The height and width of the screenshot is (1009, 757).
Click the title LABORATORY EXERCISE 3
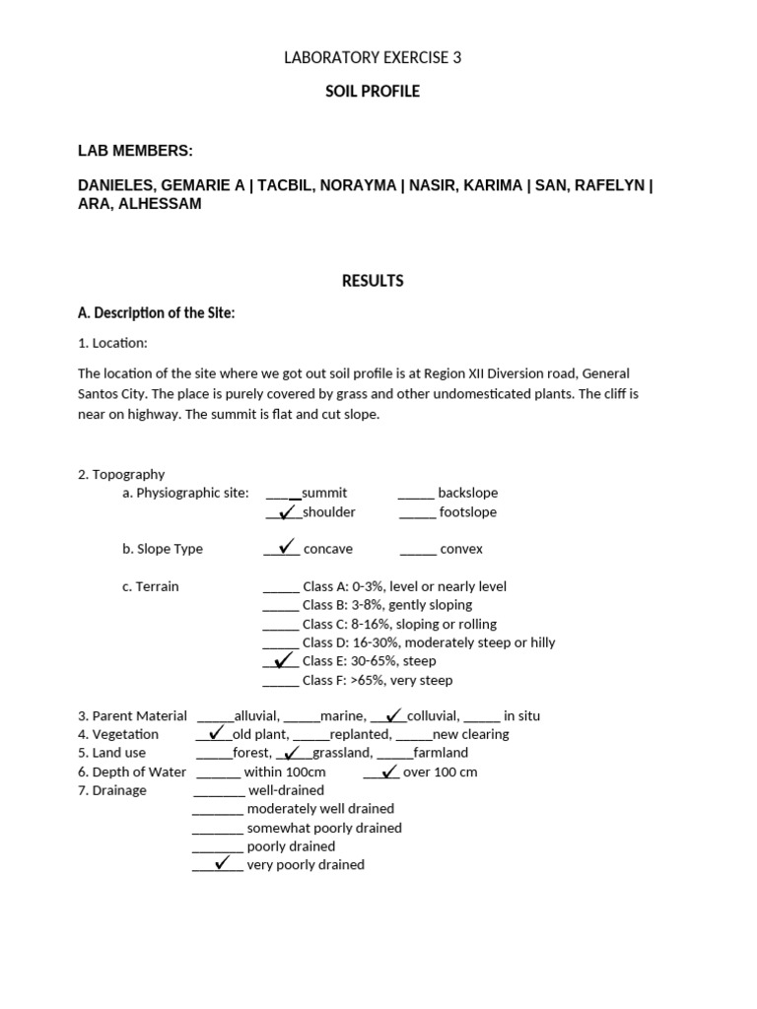tap(373, 58)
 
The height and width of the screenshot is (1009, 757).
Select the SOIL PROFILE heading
tap(373, 92)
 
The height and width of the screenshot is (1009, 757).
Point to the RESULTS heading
tap(373, 281)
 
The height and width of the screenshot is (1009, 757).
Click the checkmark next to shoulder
tap(287, 511)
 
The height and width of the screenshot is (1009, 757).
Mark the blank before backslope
tap(416, 493)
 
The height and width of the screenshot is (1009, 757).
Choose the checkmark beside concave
tap(287, 547)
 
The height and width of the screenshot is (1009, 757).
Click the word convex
tap(461, 550)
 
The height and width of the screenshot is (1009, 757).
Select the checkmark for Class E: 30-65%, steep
tap(285, 659)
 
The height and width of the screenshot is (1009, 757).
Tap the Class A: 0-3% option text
tap(404, 586)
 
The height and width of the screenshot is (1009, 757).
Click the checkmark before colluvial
tap(392, 714)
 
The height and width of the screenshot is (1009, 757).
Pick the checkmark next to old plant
tap(216, 732)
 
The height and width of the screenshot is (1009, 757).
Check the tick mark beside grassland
tap(292, 753)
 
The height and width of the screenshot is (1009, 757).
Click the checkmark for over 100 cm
tap(387, 771)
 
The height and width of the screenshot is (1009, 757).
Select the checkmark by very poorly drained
tap(223, 863)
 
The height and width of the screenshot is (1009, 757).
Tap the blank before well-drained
tap(218, 790)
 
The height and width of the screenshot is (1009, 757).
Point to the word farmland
tap(441, 753)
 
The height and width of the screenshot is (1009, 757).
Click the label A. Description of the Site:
tap(156, 313)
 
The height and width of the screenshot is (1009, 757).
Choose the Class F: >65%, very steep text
tap(378, 680)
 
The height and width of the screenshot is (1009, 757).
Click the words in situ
tap(521, 716)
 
